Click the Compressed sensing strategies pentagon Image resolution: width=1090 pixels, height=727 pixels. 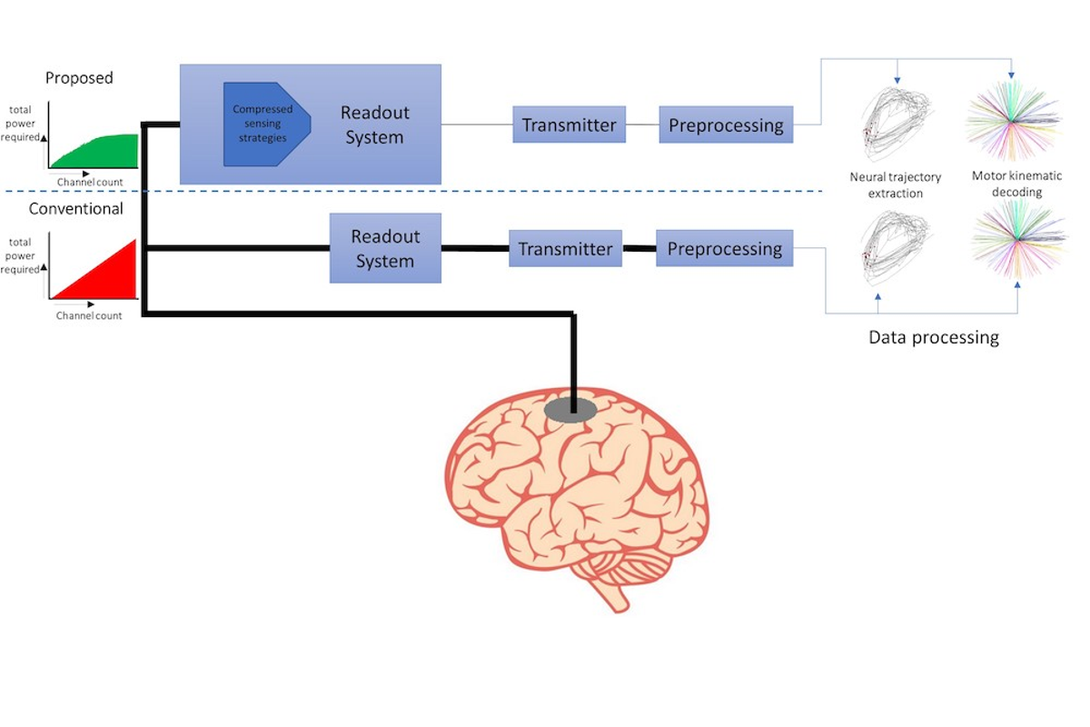click(x=267, y=124)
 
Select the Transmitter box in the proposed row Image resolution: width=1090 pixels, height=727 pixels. click(x=569, y=124)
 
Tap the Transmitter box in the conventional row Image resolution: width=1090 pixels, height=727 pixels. click(x=565, y=248)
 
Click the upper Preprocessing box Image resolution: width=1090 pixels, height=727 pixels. click(x=726, y=124)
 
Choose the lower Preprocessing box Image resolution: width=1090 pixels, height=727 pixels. click(x=725, y=248)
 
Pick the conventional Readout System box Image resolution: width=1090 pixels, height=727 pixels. click(x=385, y=248)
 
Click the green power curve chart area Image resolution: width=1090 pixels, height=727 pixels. click(x=94, y=152)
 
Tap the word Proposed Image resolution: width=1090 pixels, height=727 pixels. click(x=79, y=78)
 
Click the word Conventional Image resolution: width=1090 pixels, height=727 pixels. click(x=76, y=208)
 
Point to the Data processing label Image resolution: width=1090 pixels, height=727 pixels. click(x=934, y=337)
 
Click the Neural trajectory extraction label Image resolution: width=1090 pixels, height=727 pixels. click(x=896, y=185)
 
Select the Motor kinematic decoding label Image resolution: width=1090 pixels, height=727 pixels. click(x=1017, y=184)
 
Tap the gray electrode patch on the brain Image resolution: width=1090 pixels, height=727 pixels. click(x=570, y=410)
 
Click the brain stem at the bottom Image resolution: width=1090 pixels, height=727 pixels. click(x=611, y=595)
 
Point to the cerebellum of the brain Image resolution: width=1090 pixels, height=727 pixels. click(x=628, y=565)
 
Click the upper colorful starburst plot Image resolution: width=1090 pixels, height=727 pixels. click(x=1013, y=120)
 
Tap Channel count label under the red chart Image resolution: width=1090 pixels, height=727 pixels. click(x=89, y=315)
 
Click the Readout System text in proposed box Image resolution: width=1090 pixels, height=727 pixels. click(x=374, y=124)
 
